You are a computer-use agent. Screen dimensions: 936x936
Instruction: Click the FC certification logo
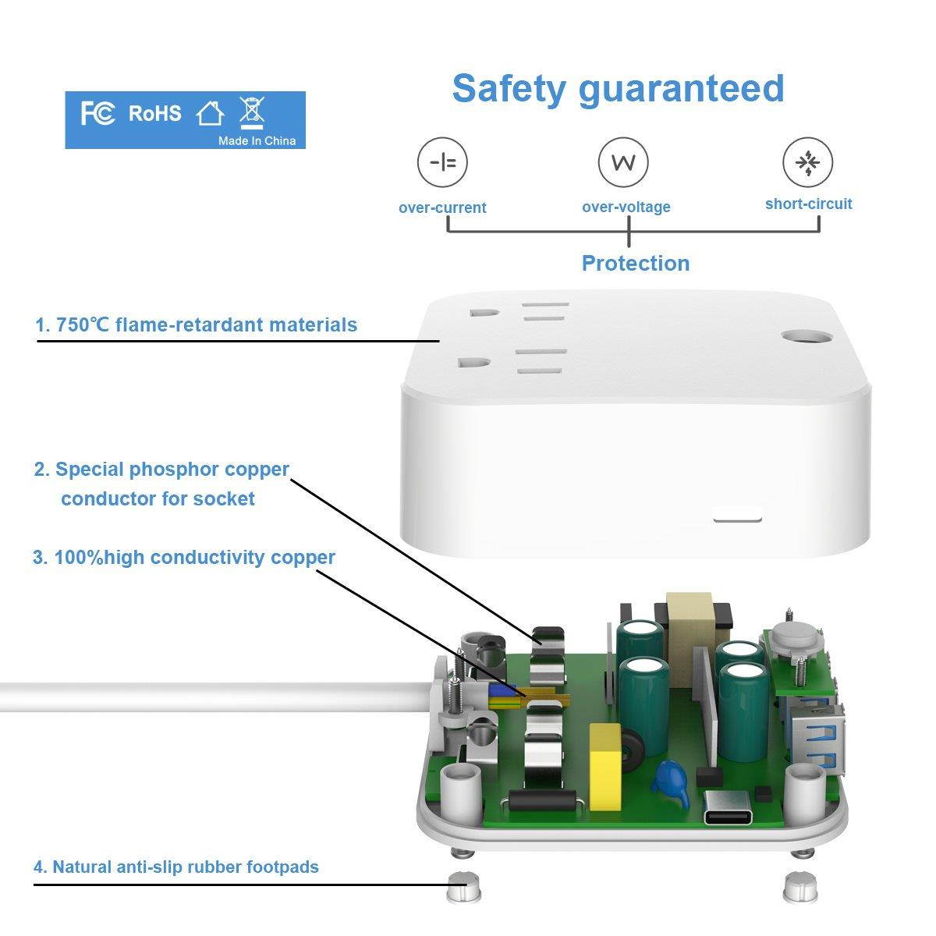97,114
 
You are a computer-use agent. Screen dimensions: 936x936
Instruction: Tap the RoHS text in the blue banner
154,114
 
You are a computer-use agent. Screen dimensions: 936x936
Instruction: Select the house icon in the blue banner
209,114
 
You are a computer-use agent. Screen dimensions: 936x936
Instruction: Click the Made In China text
257,141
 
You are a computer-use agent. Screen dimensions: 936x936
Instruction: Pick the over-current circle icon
442,161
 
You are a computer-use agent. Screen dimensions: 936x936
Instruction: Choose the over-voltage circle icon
623,161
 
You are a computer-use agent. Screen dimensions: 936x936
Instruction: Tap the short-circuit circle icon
808,161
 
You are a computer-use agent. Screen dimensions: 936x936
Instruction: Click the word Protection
636,264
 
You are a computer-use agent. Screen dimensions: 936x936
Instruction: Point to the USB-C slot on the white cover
737,514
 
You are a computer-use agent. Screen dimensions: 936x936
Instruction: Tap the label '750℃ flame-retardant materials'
197,325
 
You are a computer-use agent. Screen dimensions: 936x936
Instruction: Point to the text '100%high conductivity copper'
184,558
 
